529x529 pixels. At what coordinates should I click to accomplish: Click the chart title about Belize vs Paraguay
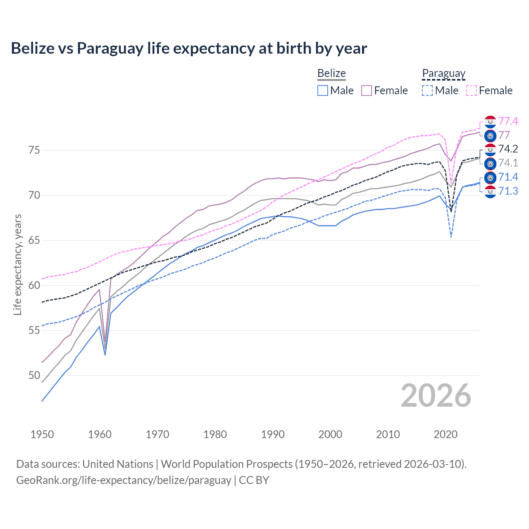pos(189,48)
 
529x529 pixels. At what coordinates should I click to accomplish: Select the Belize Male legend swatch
pos(323,91)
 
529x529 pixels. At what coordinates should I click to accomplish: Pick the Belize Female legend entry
pos(385,91)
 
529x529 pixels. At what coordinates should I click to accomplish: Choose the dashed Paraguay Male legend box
pos(427,91)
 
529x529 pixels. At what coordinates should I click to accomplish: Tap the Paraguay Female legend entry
pos(489,91)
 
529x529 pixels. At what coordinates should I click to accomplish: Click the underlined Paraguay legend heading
pos(443,74)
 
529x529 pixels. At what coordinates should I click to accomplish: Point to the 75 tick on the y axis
pos(34,150)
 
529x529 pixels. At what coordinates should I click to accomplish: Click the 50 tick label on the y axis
pos(34,376)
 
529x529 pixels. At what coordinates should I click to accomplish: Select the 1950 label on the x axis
pos(42,434)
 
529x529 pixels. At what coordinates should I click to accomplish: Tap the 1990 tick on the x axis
pos(273,434)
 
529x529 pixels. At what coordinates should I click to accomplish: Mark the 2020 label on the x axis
pos(446,434)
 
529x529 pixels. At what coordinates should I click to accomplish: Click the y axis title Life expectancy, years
pos(17,264)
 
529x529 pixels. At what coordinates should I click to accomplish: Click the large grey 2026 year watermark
pos(436,396)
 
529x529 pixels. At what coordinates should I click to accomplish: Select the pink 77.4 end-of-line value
pos(508,121)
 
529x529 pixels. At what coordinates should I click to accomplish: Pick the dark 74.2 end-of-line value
pos(508,149)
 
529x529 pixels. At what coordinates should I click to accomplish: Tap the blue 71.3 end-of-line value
pos(508,191)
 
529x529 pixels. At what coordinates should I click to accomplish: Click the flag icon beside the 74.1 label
pos(490,164)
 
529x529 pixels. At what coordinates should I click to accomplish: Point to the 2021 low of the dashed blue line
pos(451,237)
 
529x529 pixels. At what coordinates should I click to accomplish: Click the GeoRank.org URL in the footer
pos(124,480)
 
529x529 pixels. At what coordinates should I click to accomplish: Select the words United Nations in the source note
pos(118,464)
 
